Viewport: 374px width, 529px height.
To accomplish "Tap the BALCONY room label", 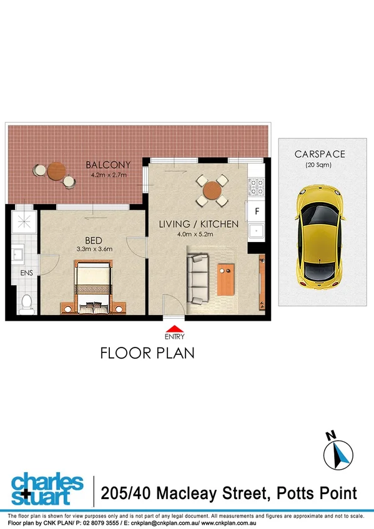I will pos(109,165).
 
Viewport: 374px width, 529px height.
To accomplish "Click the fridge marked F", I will pos(256,211).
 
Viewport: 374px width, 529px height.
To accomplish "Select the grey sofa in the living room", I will pos(198,279).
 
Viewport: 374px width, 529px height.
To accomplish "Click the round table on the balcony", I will pos(56,170).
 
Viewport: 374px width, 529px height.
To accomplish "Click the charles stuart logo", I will pos(47,490).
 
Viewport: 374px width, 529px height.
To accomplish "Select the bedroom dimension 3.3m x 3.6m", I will pos(91,250).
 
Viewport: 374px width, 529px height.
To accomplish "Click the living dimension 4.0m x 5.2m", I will pos(195,235).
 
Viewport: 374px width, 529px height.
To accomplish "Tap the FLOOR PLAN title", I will pos(147,353).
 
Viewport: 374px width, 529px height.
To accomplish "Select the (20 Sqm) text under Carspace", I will pos(318,165).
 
